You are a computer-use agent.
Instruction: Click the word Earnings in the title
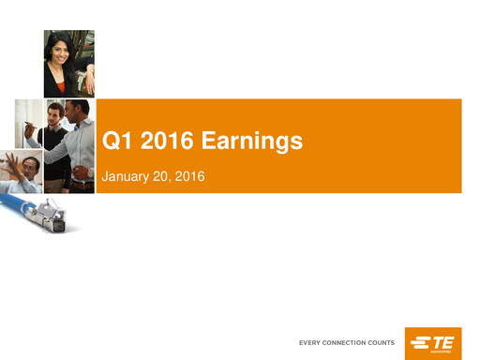pyautogui.click(x=252, y=142)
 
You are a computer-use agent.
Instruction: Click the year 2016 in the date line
pyautogui.click(x=190, y=175)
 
